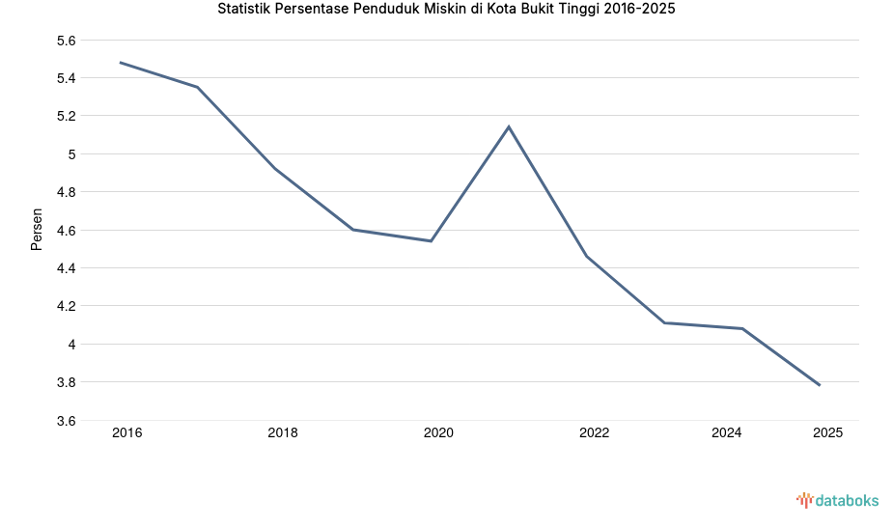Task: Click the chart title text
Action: (x=446, y=10)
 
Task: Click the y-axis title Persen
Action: (x=37, y=230)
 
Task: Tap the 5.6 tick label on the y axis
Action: (x=65, y=41)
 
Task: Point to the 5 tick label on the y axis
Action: (x=71, y=154)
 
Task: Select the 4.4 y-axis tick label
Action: (x=65, y=268)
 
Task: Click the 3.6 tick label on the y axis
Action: (x=65, y=421)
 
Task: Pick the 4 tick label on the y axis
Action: (x=71, y=345)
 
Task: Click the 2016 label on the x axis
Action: (x=126, y=433)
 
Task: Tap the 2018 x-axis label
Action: (x=283, y=433)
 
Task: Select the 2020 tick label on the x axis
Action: (x=438, y=433)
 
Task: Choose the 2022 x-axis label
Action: (x=594, y=433)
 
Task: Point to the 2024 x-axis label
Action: (x=726, y=433)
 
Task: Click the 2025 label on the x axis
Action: (x=827, y=433)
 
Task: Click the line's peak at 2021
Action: (x=509, y=126)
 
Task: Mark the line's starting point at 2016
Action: (x=120, y=63)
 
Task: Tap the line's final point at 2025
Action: (x=820, y=385)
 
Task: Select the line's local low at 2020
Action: (x=431, y=240)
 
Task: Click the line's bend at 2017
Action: (x=197, y=87)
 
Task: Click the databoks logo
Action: (x=837, y=500)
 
